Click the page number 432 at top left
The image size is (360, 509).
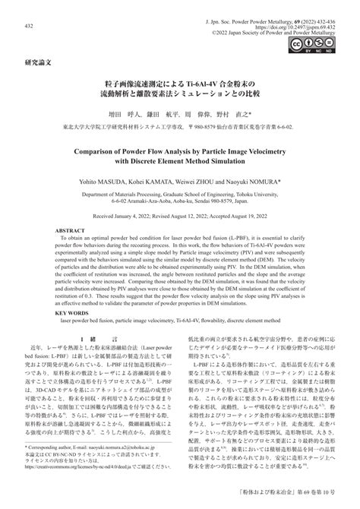coord(29,26)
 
